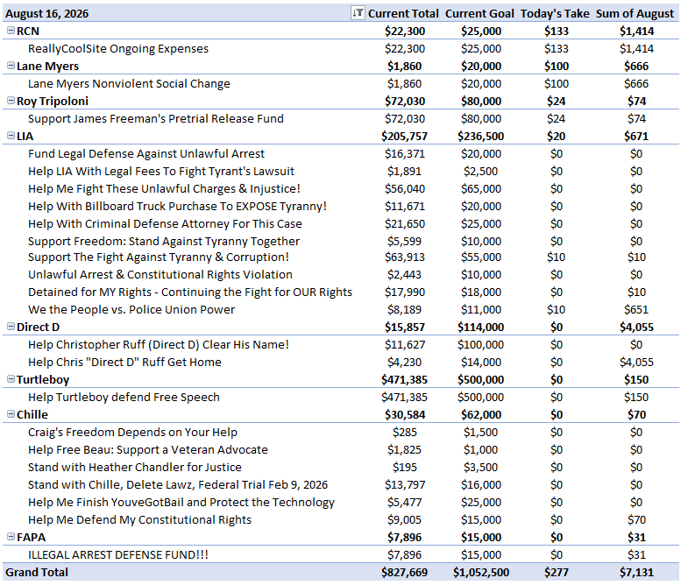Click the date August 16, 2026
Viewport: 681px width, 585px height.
pos(47,14)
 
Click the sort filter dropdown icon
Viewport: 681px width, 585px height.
pos(358,13)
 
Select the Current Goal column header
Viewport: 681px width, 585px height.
pos(479,14)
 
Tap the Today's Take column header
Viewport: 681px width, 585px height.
pos(555,14)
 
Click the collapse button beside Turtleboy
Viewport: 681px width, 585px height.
pos(11,379)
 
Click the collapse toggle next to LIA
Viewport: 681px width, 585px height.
pos(11,136)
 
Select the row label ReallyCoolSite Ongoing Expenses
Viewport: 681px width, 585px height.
pos(118,49)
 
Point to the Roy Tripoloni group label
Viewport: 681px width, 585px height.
pos(53,101)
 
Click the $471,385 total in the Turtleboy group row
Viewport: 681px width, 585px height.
pos(404,380)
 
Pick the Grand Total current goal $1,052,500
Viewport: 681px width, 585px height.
pos(481,573)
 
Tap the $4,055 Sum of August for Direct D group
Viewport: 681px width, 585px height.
pos(636,328)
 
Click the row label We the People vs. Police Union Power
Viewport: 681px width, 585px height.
pos(131,309)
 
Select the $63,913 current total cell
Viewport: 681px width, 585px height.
pos(404,257)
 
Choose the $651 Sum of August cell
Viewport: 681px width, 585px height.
pos(636,309)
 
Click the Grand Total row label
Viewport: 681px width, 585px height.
pos(37,573)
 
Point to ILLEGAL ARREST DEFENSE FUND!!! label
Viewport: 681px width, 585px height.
pos(118,554)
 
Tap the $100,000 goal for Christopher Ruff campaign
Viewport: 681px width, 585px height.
pos(481,344)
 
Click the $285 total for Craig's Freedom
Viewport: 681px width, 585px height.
pos(404,433)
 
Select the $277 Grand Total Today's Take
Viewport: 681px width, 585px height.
pos(557,573)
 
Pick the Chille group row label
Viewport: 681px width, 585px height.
pos(32,415)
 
